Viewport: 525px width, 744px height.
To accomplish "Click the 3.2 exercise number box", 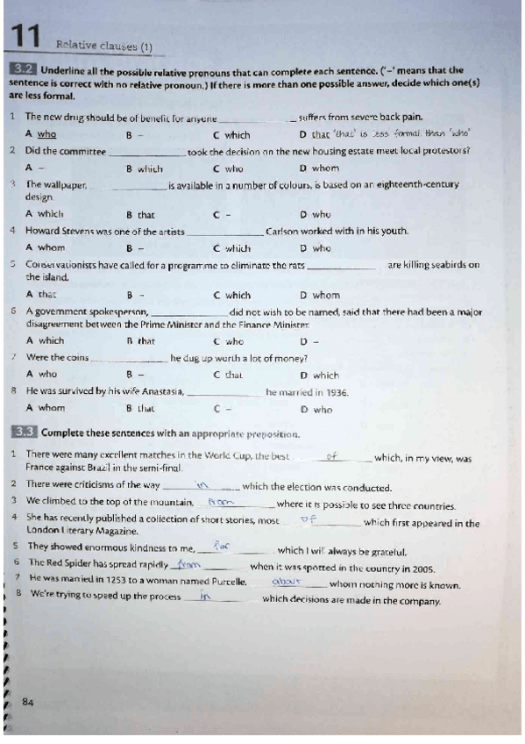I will (23, 69).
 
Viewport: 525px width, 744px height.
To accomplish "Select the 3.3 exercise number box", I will (23, 433).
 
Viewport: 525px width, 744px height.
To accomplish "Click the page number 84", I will (28, 701).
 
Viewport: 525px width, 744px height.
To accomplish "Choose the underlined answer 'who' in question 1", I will (47, 134).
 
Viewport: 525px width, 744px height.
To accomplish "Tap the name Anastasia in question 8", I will (158, 392).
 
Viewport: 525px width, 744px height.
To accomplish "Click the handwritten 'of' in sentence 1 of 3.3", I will (331, 456).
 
